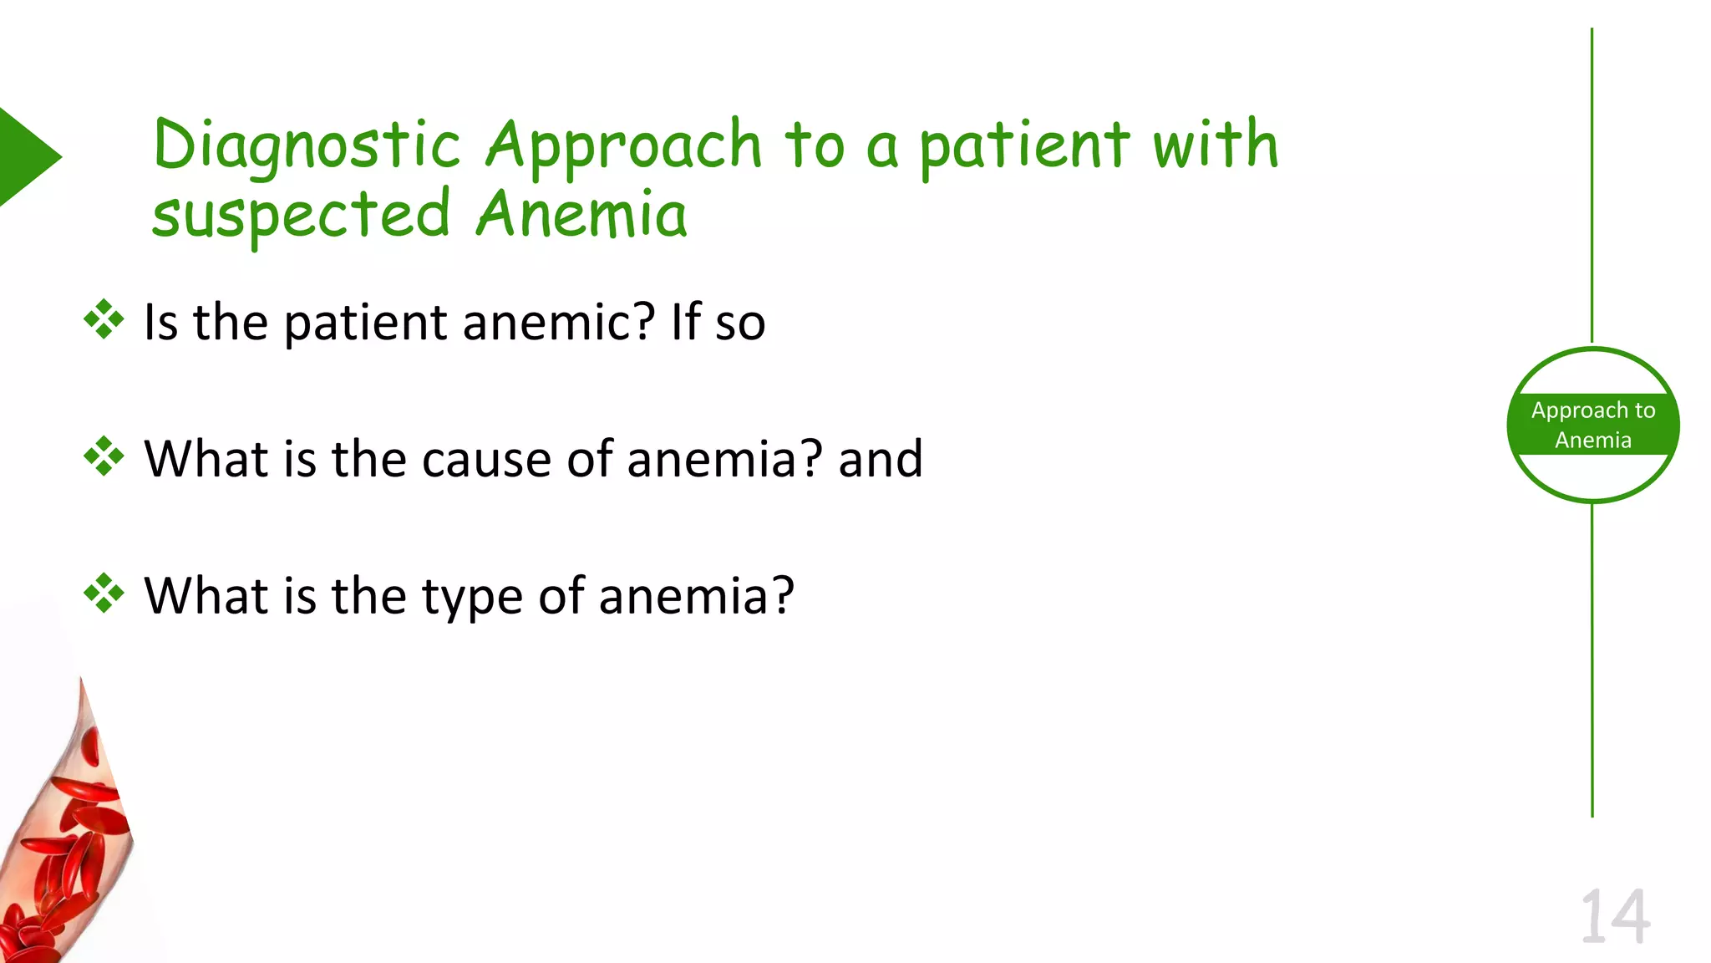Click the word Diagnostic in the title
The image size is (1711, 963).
pos(307,145)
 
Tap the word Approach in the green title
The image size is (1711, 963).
pos(623,145)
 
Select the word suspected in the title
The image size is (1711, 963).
pos(301,216)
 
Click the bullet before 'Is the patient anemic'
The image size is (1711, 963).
pos(104,319)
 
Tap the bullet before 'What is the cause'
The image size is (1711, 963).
pos(104,456)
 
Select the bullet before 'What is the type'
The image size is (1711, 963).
pos(104,594)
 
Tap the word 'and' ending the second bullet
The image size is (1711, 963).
pos(881,459)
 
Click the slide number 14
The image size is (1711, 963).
pos(1615,917)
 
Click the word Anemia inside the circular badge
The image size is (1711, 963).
pos(1592,441)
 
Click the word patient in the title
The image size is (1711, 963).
pos(1024,147)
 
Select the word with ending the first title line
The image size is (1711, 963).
pos(1216,145)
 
